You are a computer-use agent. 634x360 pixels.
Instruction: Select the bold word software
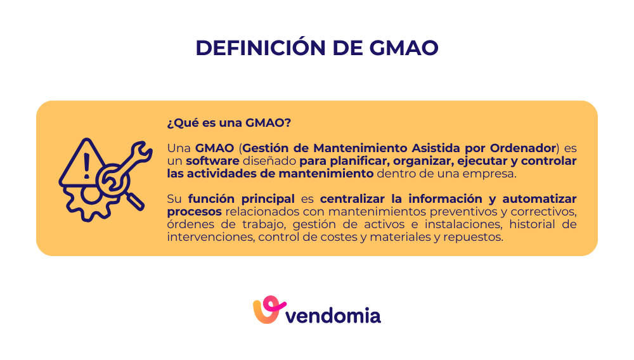pyautogui.click(x=212, y=161)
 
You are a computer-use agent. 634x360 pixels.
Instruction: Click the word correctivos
pyautogui.click(x=546, y=211)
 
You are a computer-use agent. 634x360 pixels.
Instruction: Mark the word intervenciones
pyautogui.click(x=206, y=236)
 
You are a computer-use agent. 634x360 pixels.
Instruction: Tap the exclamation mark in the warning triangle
pyautogui.click(x=86, y=167)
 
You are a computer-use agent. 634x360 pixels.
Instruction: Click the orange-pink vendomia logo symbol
pyautogui.click(x=266, y=310)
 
